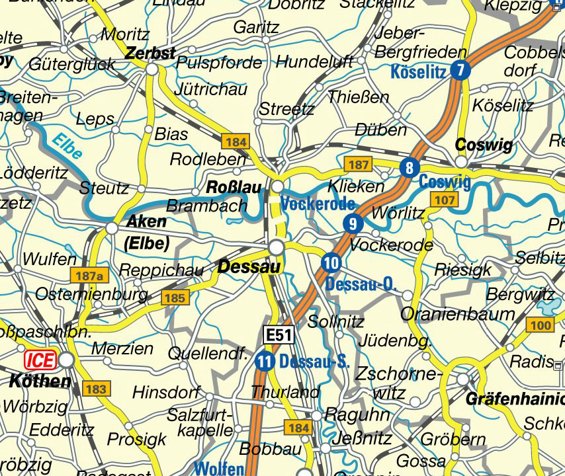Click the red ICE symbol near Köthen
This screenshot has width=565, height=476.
coord(40,360)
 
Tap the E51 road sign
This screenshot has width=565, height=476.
coord(278,336)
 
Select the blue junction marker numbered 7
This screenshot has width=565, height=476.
coord(461,70)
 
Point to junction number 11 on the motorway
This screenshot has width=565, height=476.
coord(265,362)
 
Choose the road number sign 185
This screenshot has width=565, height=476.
coord(175,298)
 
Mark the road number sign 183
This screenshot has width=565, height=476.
coord(95,389)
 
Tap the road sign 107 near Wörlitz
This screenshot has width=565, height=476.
coord(444,200)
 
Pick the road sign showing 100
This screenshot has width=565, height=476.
coord(540,325)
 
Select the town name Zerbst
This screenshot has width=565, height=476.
coord(150,53)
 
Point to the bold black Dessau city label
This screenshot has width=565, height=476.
coord(249,267)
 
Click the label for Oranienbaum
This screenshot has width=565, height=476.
coord(458,314)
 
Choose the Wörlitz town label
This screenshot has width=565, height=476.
coord(398,214)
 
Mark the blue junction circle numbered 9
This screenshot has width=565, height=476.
coord(353,223)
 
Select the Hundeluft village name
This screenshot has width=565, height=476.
coord(314,62)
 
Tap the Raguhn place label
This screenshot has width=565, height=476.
coord(357,415)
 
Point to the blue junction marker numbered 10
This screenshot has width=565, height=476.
coord(331,263)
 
